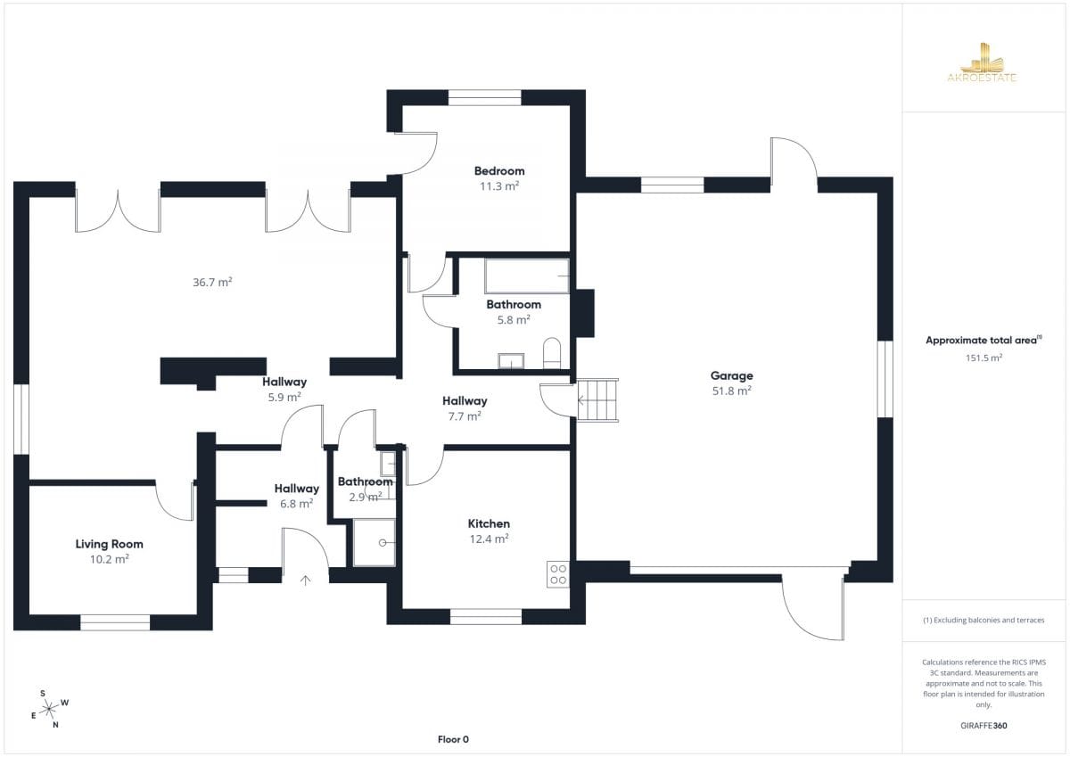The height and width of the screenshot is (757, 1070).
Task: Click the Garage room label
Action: (731, 376)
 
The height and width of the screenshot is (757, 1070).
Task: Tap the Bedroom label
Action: (499, 171)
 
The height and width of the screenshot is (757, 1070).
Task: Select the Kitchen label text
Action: (489, 523)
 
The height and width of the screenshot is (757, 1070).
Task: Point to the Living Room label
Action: (109, 544)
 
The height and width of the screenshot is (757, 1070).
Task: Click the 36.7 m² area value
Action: (212, 282)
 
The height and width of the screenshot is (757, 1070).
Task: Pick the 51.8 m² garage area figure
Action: (732, 391)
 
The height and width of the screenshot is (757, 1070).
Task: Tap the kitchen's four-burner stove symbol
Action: (558, 574)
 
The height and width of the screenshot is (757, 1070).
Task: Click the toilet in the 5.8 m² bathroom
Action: (552, 353)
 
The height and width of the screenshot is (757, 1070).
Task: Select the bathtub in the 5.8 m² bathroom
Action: (527, 276)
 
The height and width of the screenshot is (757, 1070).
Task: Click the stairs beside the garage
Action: (597, 400)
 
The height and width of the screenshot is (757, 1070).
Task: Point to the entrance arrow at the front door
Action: (305, 580)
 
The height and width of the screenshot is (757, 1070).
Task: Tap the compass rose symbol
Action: (49, 709)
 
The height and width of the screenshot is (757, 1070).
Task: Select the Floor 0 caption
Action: (453, 739)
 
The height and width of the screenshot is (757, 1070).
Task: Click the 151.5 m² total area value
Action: (984, 358)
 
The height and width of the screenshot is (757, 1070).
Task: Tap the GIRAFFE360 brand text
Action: (984, 726)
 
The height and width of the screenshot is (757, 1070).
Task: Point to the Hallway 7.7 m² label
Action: (465, 408)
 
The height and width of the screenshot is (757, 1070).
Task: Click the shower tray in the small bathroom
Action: (374, 543)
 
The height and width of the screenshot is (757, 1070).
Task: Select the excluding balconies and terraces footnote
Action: (984, 620)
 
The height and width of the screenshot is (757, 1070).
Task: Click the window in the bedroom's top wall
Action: (484, 97)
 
